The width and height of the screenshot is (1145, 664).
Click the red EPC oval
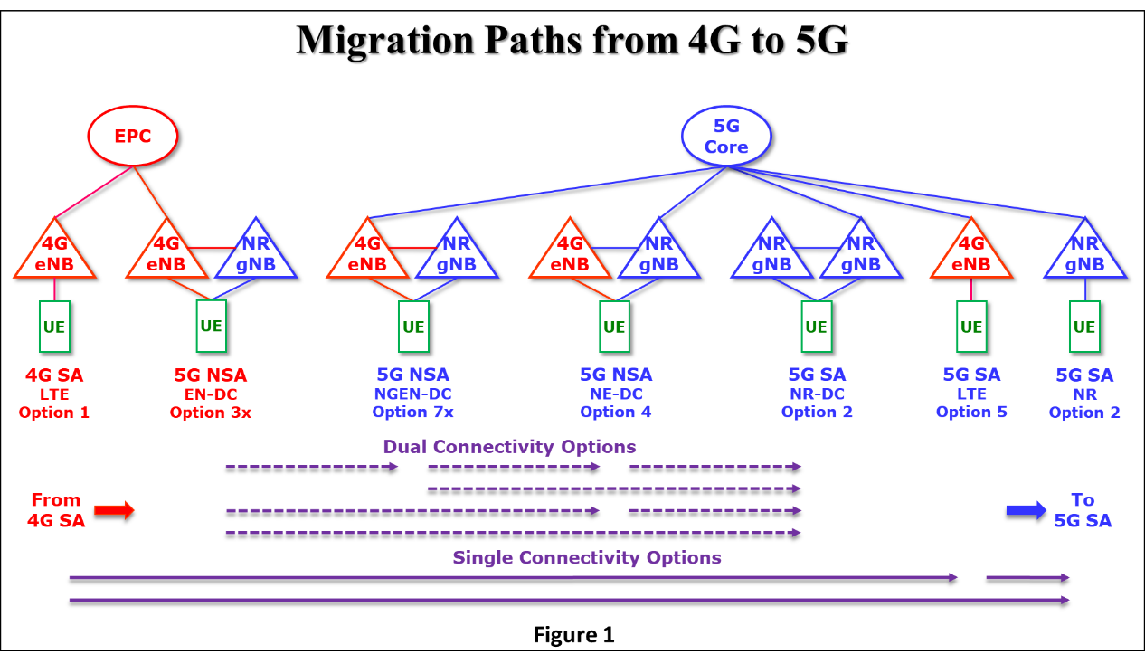click(132, 137)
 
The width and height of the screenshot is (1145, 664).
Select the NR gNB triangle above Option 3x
click(256, 254)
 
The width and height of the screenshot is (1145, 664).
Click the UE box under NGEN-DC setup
click(413, 326)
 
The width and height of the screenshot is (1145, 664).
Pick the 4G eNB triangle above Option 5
click(971, 254)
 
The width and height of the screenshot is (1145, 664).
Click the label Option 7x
click(412, 412)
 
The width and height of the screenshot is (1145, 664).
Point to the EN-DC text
click(210, 394)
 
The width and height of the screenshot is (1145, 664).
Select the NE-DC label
click(615, 394)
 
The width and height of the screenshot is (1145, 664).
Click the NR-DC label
click(817, 394)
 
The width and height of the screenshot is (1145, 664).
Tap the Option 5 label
click(971, 412)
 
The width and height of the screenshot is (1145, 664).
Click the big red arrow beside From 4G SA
click(115, 511)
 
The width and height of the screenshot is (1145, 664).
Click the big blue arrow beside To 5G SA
click(1026, 511)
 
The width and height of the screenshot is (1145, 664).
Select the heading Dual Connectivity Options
click(509, 447)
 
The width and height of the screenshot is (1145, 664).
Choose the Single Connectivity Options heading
click(587, 557)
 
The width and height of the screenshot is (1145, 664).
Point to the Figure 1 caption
click(573, 635)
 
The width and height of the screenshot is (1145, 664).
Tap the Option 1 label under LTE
click(54, 412)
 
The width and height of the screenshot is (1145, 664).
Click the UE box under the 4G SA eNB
click(54, 326)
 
